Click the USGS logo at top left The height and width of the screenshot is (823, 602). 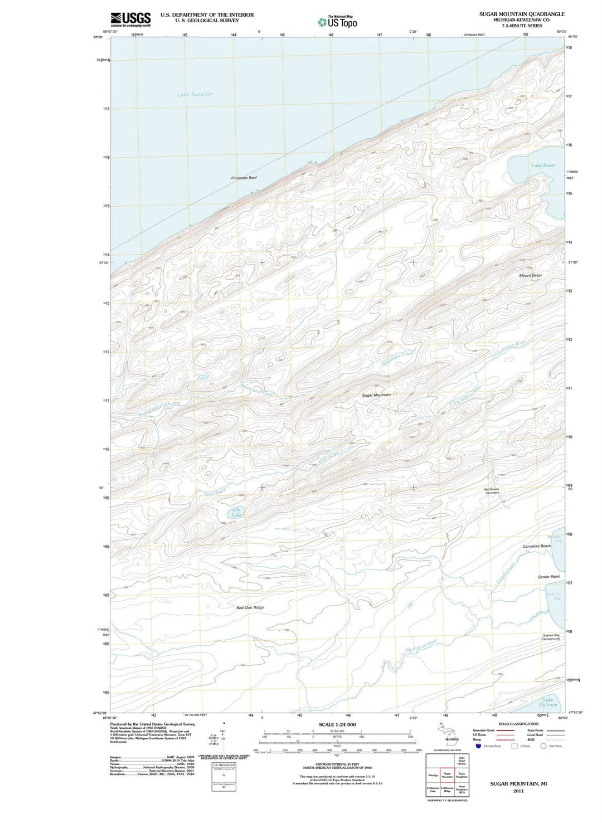[x=130, y=20]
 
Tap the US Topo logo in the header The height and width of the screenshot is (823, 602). [x=337, y=22]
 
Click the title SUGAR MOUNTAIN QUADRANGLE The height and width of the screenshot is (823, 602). [x=522, y=14]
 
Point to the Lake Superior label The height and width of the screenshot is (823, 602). [x=195, y=95]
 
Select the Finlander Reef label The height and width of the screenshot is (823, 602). [x=244, y=178]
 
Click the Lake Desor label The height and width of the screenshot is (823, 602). [x=543, y=165]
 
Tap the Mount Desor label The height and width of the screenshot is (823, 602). [x=530, y=276]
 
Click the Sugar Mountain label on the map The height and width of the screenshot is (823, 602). [x=376, y=395]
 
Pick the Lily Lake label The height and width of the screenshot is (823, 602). [x=236, y=513]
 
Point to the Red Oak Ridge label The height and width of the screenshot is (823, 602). [x=250, y=607]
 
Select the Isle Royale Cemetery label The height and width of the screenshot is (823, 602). [x=492, y=491]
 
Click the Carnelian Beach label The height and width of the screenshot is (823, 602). [x=537, y=546]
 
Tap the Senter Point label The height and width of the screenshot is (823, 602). [x=548, y=577]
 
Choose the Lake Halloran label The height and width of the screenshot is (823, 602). [x=548, y=702]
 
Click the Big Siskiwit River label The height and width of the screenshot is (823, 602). [x=421, y=645]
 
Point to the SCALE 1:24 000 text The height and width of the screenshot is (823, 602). [x=337, y=724]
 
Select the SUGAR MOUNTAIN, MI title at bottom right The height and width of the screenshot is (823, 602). [x=518, y=783]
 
